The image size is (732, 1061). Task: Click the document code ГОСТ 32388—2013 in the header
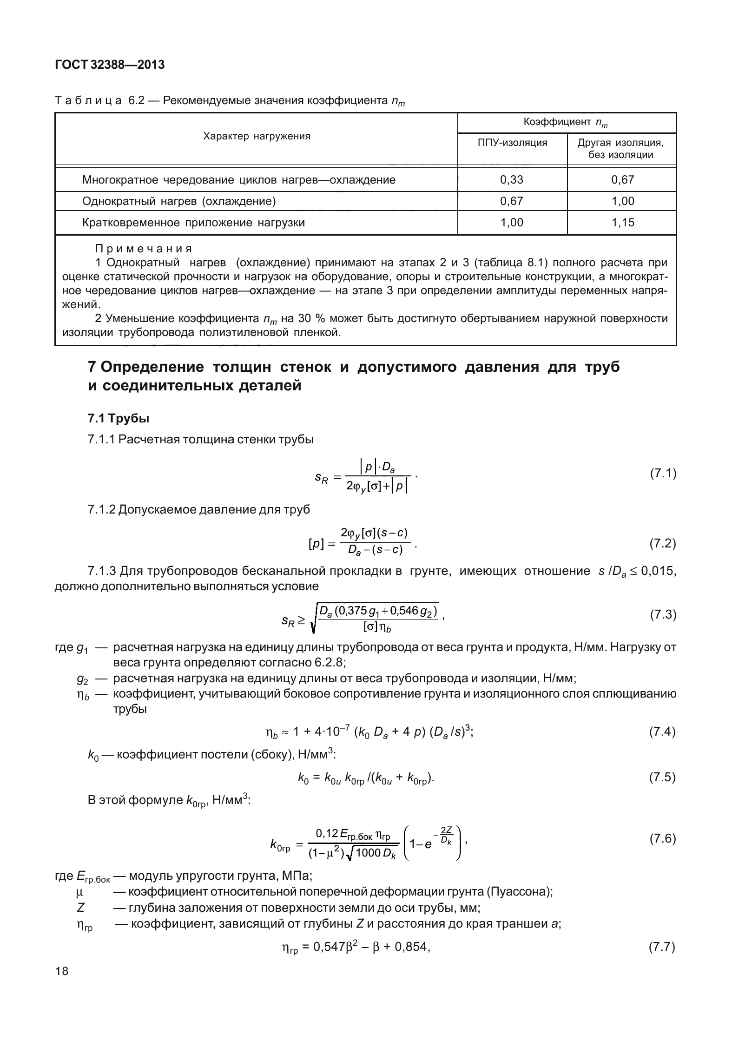click(x=110, y=65)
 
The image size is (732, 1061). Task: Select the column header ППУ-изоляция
click(x=512, y=143)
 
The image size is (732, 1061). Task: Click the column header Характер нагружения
click(x=257, y=136)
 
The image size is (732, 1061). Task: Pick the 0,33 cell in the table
click(x=512, y=180)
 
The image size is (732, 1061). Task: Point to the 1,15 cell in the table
click(x=622, y=223)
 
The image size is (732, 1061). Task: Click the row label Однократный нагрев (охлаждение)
click(x=179, y=201)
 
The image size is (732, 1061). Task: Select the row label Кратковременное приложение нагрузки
click(x=193, y=223)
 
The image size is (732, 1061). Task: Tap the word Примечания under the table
click(x=144, y=249)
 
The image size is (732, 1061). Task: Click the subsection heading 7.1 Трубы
click(x=119, y=418)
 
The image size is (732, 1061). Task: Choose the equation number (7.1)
click(x=662, y=474)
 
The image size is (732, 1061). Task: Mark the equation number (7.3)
click(x=662, y=615)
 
